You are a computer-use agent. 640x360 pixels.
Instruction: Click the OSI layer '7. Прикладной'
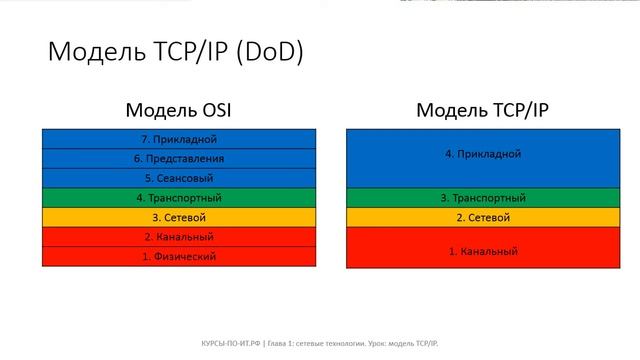click(179, 139)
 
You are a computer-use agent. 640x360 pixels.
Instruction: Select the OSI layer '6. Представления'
click(179, 158)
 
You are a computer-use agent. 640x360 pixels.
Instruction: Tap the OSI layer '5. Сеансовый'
click(179, 178)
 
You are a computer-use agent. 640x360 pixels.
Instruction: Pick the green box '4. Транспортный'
click(179, 198)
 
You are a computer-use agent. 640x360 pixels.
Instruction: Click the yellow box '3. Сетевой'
click(179, 217)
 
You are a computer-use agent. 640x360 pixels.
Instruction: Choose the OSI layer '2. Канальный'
click(179, 237)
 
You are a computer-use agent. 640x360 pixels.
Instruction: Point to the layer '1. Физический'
click(179, 256)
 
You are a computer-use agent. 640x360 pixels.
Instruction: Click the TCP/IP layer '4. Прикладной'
click(484, 155)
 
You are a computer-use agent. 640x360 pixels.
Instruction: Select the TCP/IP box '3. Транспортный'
click(484, 198)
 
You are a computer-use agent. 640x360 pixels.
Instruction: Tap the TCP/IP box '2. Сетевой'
click(484, 217)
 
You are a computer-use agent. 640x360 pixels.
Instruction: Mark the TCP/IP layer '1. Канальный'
click(484, 251)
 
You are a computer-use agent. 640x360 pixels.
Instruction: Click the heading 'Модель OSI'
click(179, 110)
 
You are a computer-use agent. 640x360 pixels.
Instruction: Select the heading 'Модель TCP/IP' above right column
click(484, 110)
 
